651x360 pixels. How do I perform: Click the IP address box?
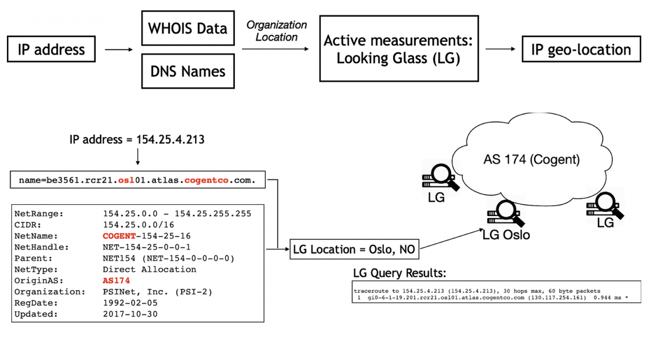click(x=51, y=49)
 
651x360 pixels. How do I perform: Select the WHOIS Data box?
click(x=188, y=28)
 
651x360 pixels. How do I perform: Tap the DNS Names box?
click(x=188, y=72)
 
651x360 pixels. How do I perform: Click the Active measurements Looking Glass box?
click(x=398, y=48)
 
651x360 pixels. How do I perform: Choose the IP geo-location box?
click(x=581, y=49)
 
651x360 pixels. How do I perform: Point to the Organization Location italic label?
click(x=277, y=31)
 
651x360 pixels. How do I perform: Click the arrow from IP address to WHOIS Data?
click(x=119, y=50)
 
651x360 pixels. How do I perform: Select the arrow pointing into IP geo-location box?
click(x=500, y=49)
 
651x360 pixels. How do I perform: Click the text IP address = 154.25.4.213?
click(x=137, y=140)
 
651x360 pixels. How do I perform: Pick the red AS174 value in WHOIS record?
click(x=116, y=281)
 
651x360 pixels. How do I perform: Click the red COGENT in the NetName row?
click(x=119, y=236)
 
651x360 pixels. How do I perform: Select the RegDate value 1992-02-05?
click(x=130, y=303)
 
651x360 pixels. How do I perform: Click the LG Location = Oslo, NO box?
click(x=354, y=250)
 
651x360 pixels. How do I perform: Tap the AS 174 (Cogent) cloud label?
click(x=531, y=160)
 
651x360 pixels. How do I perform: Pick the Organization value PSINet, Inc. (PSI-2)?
click(x=157, y=292)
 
